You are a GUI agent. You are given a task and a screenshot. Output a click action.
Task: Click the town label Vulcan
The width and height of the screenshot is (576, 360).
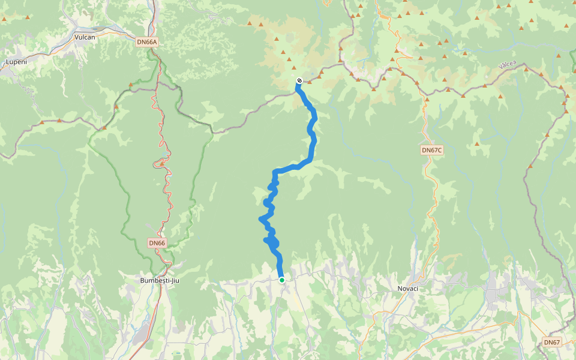(85, 37)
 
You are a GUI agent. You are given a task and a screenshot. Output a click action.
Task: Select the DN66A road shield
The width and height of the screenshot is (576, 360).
(146, 42)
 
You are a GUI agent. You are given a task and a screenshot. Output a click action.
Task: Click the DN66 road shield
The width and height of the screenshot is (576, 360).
(157, 243)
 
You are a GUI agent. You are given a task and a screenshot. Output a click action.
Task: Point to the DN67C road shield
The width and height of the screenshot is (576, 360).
(431, 150)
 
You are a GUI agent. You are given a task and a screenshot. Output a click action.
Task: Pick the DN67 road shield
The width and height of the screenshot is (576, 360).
(551, 342)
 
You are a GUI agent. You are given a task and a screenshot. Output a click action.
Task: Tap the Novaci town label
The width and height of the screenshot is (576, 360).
(408, 289)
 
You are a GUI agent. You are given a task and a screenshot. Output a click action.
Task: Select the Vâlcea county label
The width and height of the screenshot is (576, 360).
(507, 65)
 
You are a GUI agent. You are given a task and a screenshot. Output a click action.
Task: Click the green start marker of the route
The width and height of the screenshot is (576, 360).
(282, 280)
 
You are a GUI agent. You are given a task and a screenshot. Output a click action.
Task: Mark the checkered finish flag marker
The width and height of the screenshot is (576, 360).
(299, 81)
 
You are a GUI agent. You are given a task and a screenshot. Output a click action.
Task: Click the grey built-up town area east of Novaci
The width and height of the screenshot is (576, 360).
(495, 294)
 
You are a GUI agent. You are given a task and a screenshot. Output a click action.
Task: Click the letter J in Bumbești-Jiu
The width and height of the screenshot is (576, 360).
(167, 280)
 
